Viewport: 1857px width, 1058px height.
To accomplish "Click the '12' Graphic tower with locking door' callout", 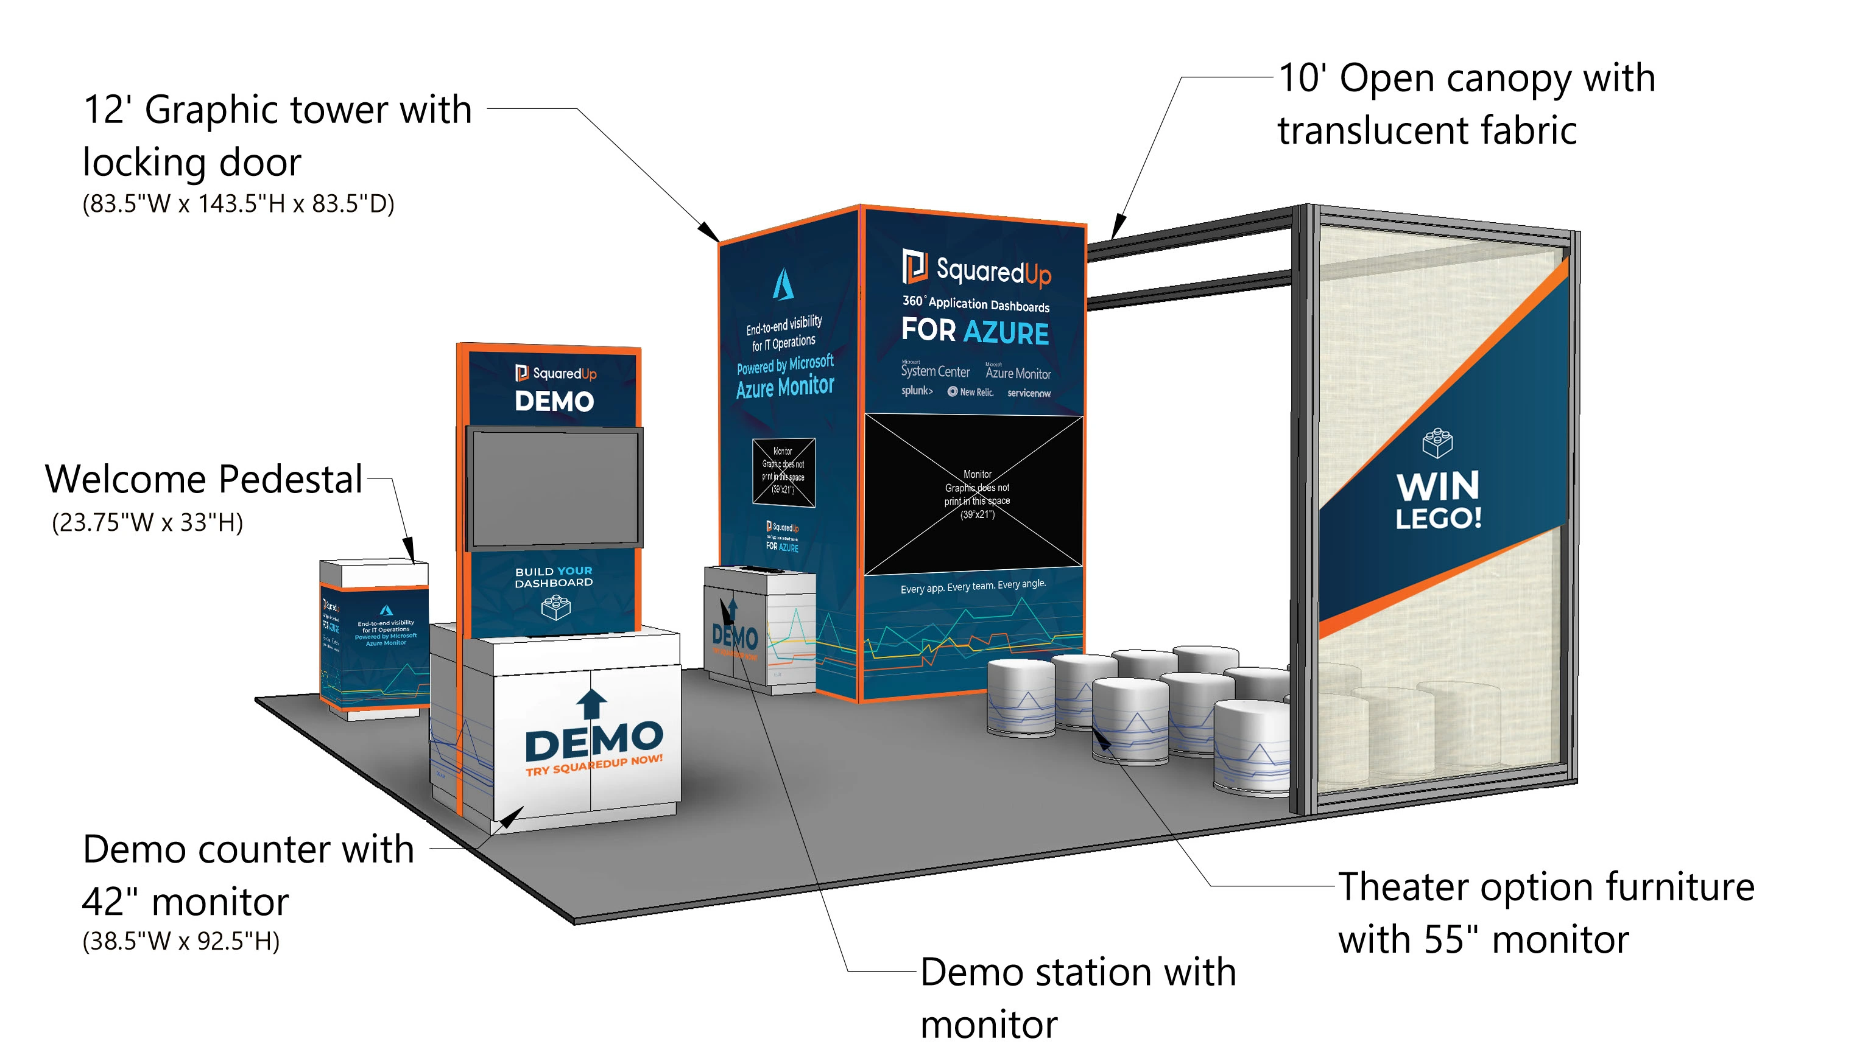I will (276, 135).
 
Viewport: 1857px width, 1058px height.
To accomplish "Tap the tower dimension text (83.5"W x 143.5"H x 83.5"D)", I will (238, 203).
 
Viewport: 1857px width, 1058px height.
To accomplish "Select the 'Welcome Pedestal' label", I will (203, 480).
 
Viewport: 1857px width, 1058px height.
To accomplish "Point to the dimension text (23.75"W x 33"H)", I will (147, 522).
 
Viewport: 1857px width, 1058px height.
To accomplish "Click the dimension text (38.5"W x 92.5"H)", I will (181, 941).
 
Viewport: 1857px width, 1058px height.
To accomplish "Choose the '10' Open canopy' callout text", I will (1465, 104).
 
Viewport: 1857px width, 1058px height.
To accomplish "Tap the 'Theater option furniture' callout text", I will (1545, 913).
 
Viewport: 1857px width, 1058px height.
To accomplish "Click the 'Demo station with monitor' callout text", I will (1077, 998).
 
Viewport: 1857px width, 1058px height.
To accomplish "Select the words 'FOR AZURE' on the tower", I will (974, 331).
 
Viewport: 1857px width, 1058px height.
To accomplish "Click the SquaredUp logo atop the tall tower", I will (976, 270).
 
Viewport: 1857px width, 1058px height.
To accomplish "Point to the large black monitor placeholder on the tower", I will (974, 494).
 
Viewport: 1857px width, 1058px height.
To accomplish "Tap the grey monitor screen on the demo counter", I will (554, 487).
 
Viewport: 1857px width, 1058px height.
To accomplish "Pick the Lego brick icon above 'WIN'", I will (1437, 443).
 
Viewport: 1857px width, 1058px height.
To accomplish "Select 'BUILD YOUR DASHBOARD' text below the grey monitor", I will (554, 577).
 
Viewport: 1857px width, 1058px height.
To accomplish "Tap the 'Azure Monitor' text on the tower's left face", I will (785, 387).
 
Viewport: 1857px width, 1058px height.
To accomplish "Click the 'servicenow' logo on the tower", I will (1029, 393).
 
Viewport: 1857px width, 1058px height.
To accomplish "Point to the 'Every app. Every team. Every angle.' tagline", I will (973, 586).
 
